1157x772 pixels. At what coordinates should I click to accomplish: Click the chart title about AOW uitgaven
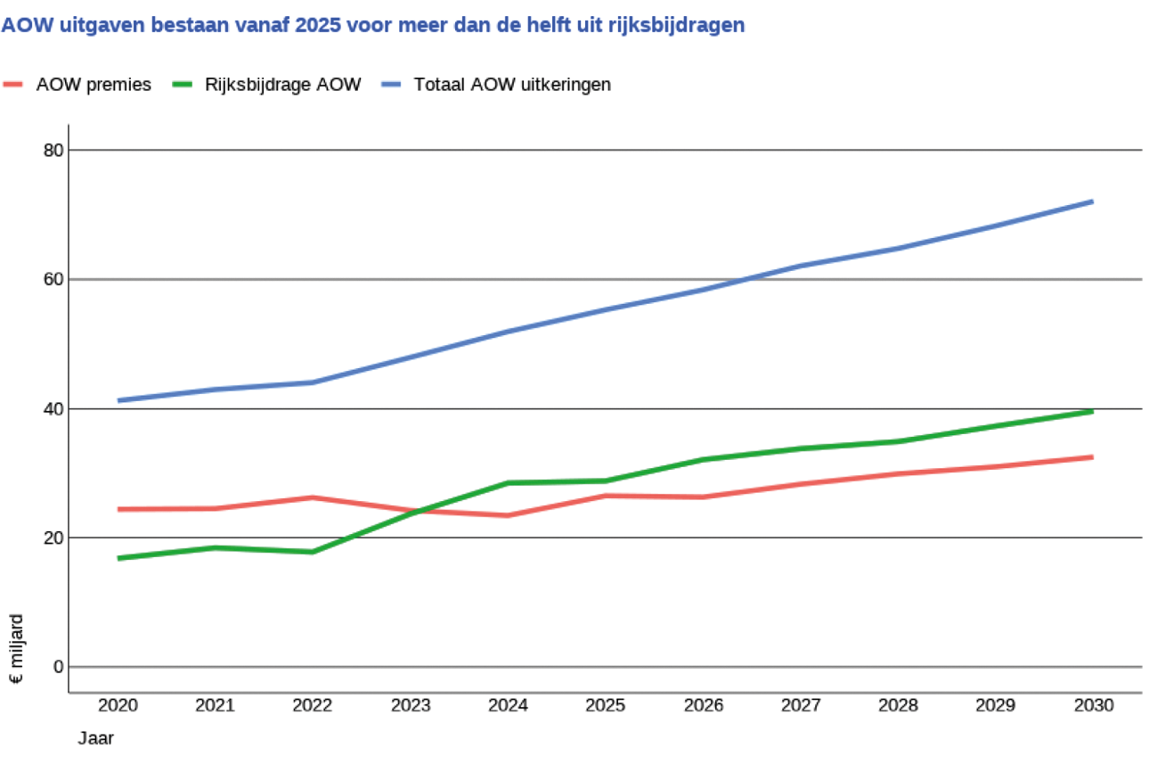pos(373,26)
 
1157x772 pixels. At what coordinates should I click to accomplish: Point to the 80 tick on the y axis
pos(53,150)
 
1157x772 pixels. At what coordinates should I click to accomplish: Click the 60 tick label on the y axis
pos(53,279)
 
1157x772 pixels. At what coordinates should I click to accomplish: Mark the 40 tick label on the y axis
pos(53,408)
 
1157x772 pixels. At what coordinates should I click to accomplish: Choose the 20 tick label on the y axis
pos(53,538)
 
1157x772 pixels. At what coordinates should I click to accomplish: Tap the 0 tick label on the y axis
pos(58,667)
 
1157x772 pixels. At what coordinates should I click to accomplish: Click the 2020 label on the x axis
pos(118,705)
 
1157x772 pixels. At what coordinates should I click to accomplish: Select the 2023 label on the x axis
pos(411,705)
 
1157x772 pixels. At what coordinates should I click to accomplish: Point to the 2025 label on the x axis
pos(606,705)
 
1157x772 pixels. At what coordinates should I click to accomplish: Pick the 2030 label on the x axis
pos(1093,705)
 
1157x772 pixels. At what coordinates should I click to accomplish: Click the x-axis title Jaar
pos(95,738)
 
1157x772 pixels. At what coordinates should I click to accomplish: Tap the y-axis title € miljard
pos(17,648)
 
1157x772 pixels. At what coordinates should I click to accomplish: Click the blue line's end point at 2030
pos(1092,201)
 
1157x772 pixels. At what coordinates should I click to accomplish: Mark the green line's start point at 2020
pos(119,558)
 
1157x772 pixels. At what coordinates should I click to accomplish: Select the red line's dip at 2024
pos(508,515)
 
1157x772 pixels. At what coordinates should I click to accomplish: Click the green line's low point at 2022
pos(313,552)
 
